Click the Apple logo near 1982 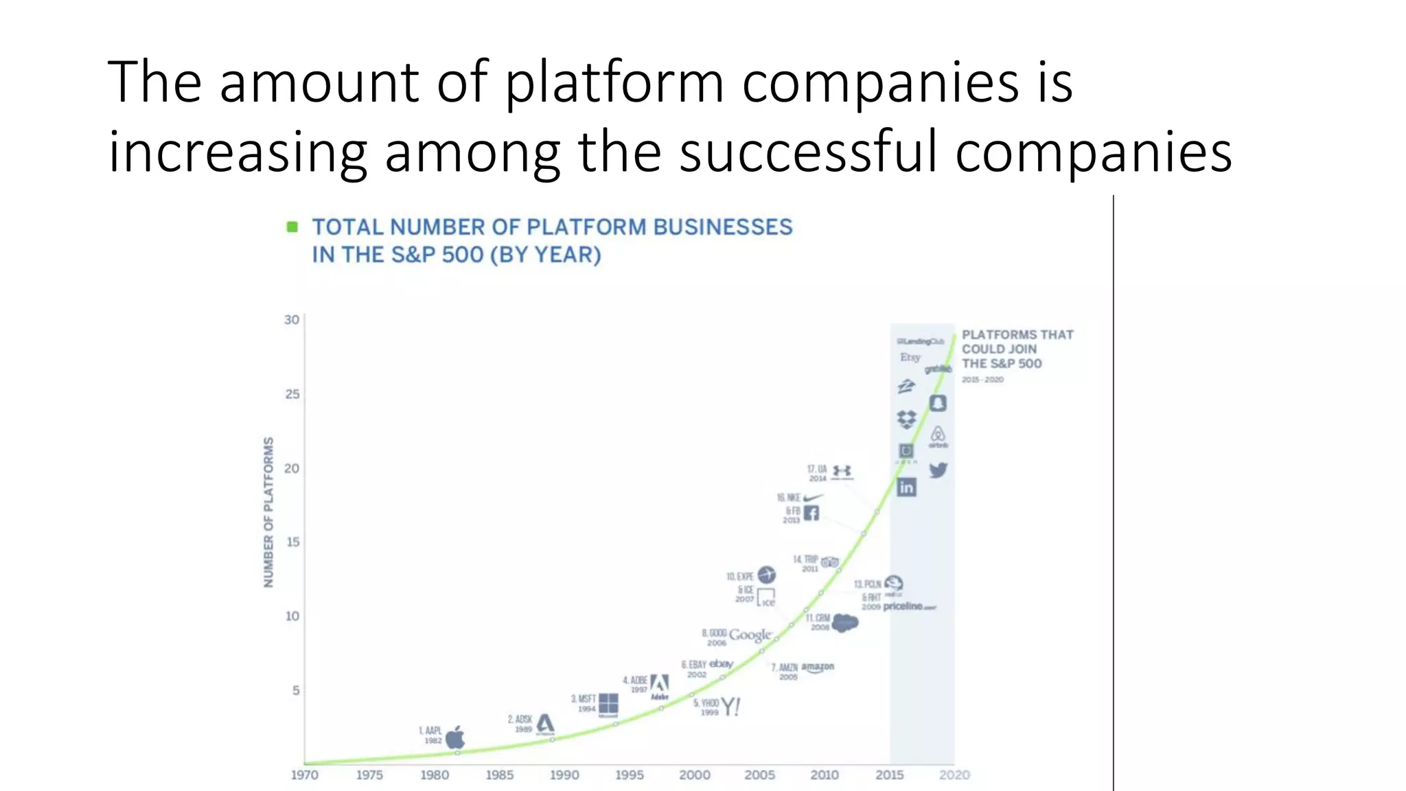coord(455,738)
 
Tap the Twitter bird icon coord(938,470)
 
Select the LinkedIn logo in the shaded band coord(906,487)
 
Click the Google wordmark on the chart coord(750,635)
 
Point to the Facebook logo coord(811,513)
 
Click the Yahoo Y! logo coord(730,707)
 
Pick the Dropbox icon coord(906,418)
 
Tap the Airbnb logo coord(938,435)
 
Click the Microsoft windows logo coord(608,704)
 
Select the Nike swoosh coord(814,497)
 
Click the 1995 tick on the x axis coord(629,775)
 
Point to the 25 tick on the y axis coord(292,394)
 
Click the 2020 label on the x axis coord(954,775)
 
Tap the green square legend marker coord(292,227)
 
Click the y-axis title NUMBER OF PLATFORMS coord(268,512)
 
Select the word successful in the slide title coord(808,152)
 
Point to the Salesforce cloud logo coord(845,622)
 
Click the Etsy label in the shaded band coord(910,357)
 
